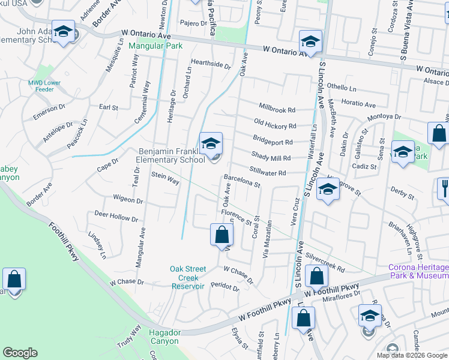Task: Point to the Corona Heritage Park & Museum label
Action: (x=418, y=271)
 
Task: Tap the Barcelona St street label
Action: (x=241, y=181)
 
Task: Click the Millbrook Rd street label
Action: (x=277, y=110)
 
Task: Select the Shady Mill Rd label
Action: (x=271, y=158)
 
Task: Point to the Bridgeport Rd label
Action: (x=273, y=142)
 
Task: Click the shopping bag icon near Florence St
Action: (x=221, y=235)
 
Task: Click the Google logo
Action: (x=20, y=353)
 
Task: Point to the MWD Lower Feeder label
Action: (x=45, y=86)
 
